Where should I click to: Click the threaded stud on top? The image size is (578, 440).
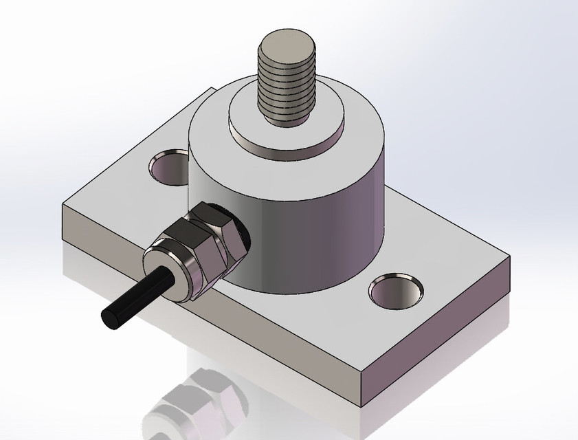click(x=285, y=82)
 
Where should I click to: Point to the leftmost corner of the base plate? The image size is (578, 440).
click(x=62, y=206)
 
